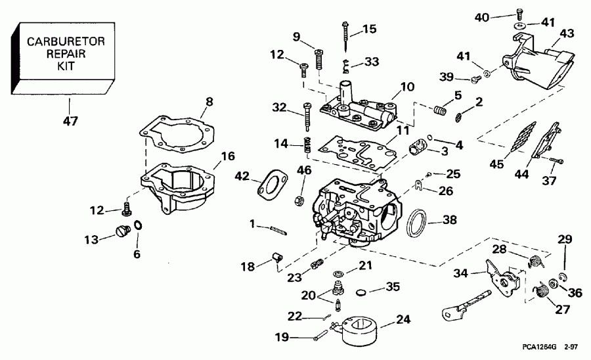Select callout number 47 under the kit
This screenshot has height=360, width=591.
click(x=69, y=120)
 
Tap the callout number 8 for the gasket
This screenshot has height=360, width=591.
click(x=209, y=102)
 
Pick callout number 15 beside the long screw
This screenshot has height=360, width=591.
click(x=370, y=29)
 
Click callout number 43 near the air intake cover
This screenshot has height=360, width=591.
click(x=566, y=33)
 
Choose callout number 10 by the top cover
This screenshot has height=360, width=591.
click(x=407, y=87)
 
